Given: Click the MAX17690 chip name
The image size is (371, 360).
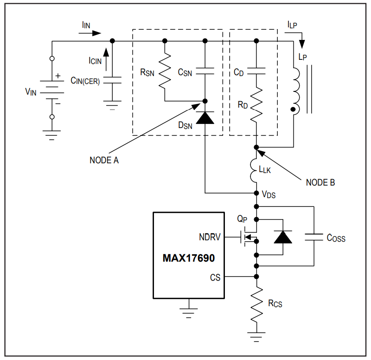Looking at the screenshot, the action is [189, 258].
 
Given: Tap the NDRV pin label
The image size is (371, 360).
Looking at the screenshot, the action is [210, 237].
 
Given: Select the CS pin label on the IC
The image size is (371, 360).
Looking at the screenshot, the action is [215, 277].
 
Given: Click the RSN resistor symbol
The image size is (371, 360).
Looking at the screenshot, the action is [165, 71].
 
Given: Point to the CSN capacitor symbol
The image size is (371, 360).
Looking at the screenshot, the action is [205, 71].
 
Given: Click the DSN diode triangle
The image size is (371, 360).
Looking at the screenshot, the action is [205, 118].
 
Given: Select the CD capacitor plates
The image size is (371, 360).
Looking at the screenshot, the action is [256, 71].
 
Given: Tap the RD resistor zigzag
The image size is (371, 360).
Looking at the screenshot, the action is [256, 105].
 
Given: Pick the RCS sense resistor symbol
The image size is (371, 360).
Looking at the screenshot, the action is [256, 304].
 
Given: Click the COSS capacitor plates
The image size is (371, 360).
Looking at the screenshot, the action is [314, 237].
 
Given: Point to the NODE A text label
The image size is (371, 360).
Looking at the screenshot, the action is [104, 160].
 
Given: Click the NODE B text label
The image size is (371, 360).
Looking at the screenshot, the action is [320, 182].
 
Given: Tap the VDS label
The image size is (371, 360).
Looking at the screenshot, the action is [269, 194].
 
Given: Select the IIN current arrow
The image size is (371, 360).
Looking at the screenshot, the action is [90, 33].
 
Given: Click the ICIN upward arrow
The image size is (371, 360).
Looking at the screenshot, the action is [106, 59].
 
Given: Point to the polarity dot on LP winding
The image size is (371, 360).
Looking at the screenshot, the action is [293, 109].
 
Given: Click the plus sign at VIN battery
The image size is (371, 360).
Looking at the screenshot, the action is [58, 76].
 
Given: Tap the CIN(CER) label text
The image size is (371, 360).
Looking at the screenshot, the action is [85, 81].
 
